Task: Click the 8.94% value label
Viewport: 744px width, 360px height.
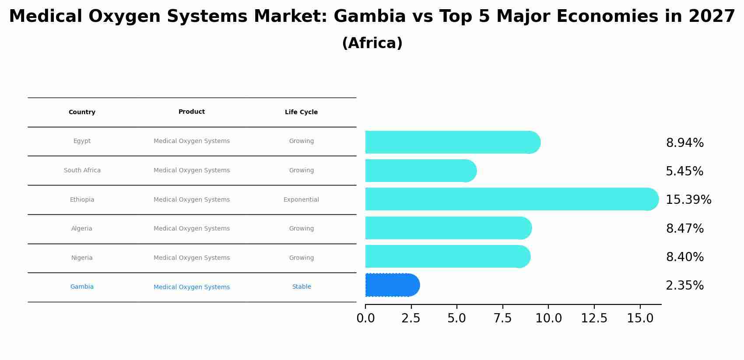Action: (684, 143)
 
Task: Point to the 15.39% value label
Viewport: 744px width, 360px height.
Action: (688, 199)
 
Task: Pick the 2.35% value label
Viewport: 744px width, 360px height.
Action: (684, 286)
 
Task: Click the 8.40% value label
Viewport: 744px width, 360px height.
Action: (684, 257)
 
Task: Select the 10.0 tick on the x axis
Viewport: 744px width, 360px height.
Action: (548, 318)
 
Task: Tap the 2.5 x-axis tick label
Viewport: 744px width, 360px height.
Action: (411, 318)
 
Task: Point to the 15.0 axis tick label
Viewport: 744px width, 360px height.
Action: (640, 318)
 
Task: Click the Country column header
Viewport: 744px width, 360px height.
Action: (82, 112)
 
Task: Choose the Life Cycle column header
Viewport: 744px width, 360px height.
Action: (301, 112)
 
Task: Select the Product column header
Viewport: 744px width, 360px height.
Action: (192, 112)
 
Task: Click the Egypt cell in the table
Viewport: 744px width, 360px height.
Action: (82, 141)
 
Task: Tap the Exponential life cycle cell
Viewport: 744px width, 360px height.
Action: (301, 200)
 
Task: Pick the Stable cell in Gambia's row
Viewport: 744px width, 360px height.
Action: (302, 287)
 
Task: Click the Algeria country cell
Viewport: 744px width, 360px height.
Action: (82, 229)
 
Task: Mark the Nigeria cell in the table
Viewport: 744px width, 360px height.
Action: (82, 258)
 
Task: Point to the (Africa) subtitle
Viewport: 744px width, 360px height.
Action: (372, 43)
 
